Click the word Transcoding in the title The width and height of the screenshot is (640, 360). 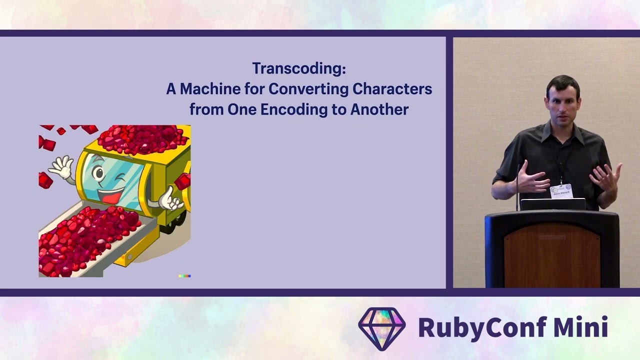(298, 68)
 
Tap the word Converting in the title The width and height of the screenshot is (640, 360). (308, 89)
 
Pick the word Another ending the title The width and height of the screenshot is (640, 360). (379, 109)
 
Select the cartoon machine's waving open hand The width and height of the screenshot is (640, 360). (62, 167)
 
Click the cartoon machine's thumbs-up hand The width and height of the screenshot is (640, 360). (169, 199)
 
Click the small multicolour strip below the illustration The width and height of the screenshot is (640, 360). (184, 275)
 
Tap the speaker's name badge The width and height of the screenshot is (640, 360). (561, 191)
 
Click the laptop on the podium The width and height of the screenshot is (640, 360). (552, 204)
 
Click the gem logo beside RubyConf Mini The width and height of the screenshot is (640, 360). (381, 328)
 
